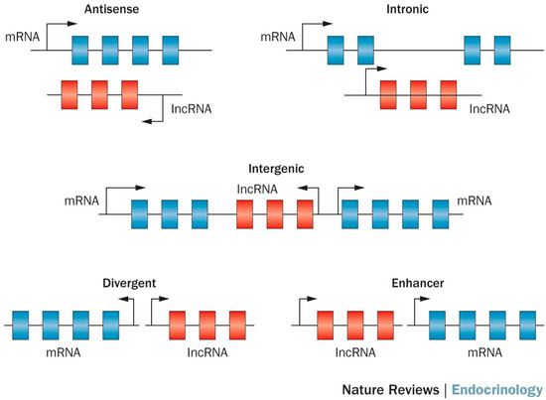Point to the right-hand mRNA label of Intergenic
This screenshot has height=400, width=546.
475,200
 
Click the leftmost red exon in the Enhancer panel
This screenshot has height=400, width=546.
326,325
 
